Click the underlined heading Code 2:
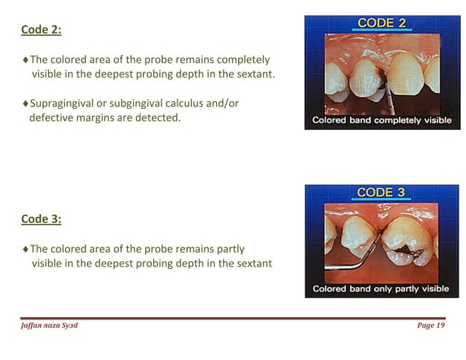coord(41,30)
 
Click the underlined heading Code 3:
coord(41,219)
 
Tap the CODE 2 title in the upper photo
coord(381,23)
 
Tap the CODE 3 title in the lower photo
coord(381,193)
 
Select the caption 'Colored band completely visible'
coord(382,120)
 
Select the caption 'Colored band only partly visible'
coord(381,288)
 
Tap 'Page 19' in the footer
coord(430,326)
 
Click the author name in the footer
coord(49,326)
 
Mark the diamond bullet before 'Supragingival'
coord(26,104)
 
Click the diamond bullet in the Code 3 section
coord(26,249)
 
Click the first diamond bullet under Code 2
coord(26,60)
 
